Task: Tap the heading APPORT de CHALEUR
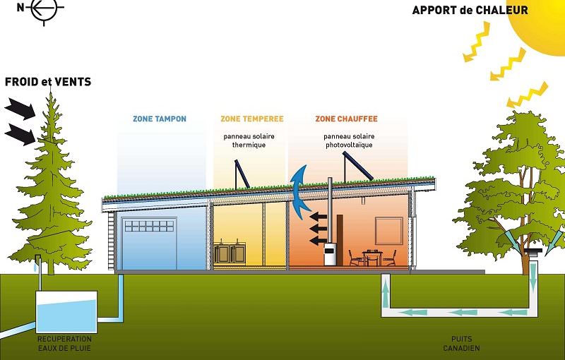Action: coord(470,10)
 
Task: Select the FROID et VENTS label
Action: coord(48,82)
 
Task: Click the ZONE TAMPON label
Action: coord(160,119)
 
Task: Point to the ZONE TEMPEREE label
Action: coord(252,119)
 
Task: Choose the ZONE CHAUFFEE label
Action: coord(346,119)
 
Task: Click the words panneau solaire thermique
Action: coord(249,140)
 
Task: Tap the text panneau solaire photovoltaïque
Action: coord(349,140)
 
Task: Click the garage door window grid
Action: coord(150,226)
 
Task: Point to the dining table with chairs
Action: coord(372,258)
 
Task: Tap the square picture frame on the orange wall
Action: coord(389,231)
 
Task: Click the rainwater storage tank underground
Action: coord(66,312)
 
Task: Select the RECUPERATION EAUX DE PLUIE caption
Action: coord(64,344)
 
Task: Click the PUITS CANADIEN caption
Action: coord(462,344)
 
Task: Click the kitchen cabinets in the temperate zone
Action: coord(230,253)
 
